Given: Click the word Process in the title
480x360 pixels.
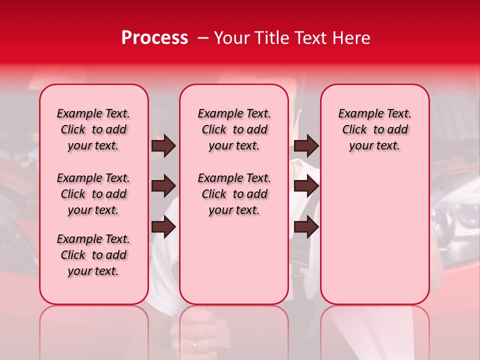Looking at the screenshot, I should tap(154, 38).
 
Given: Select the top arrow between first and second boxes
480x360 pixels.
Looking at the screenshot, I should tap(163, 145).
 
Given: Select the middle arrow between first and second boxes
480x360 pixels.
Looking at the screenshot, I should tap(163, 186).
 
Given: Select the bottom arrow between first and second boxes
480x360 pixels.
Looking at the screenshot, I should tap(163, 227).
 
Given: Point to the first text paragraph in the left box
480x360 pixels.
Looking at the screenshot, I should tap(93, 129).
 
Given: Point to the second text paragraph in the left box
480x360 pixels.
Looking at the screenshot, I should tap(93, 194).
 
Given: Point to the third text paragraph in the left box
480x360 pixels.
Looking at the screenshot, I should tap(93, 255).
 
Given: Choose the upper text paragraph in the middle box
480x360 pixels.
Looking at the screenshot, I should tap(234, 129).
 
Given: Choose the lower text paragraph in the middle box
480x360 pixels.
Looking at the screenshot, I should tap(234, 194).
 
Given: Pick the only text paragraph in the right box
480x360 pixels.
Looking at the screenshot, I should tap(375, 129).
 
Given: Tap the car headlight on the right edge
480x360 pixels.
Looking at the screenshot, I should tap(452, 220).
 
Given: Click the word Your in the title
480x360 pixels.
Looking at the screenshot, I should tap(231, 38).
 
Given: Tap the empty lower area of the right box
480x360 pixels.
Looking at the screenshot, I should tap(375, 240).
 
